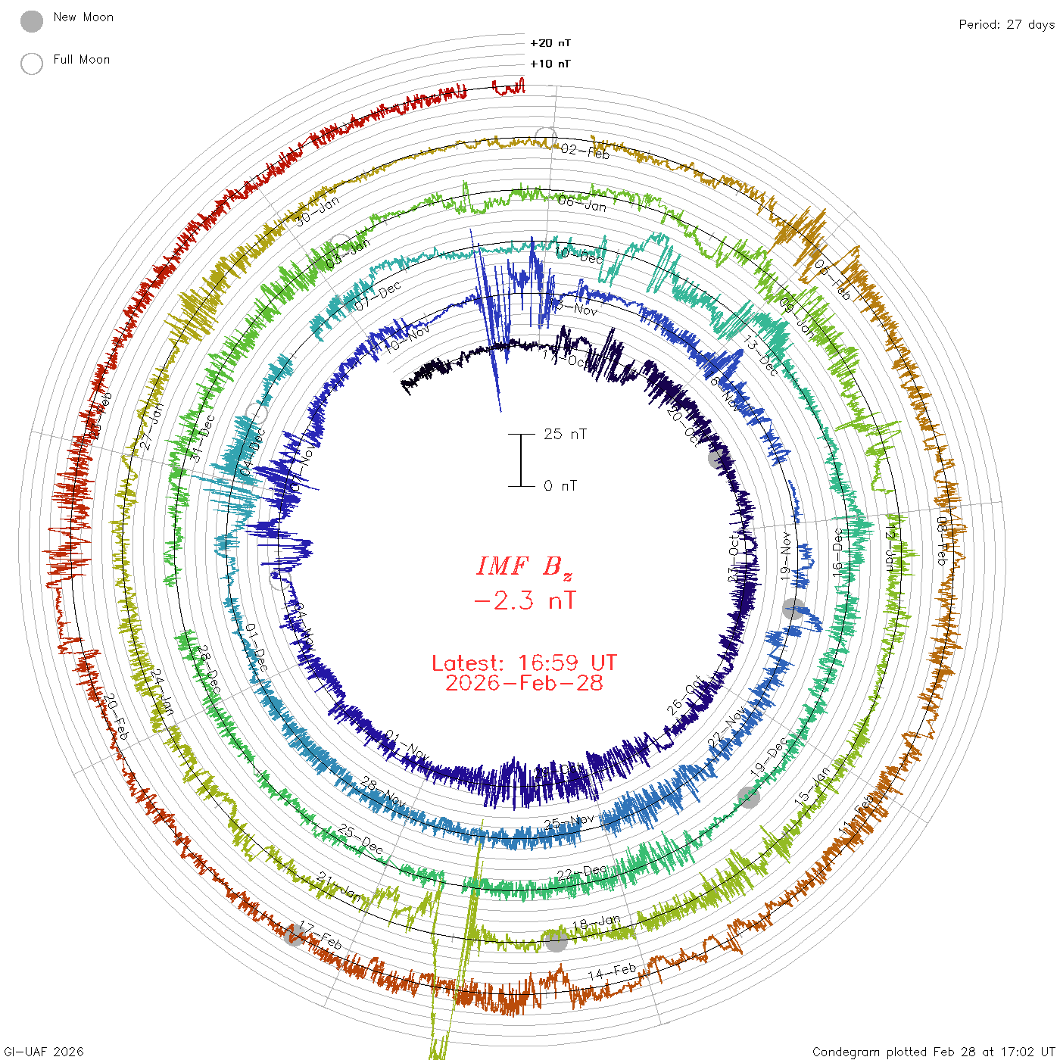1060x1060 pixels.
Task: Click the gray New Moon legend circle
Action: pos(32,21)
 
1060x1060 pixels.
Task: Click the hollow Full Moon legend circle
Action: pos(32,64)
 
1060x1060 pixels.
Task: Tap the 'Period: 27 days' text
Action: pos(1006,24)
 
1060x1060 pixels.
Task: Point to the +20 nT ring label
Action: pos(550,43)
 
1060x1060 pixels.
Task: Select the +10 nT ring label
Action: pos(550,64)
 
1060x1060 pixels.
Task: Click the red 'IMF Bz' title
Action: pos(524,566)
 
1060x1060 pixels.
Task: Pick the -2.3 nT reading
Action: pos(524,601)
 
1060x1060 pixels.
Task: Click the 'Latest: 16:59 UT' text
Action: pos(524,663)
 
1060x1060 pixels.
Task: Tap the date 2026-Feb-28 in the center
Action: pos(524,683)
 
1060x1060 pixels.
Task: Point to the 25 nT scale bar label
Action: pos(565,434)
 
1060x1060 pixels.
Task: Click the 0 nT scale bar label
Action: pos(560,485)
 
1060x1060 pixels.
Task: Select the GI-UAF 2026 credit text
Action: pos(44,1052)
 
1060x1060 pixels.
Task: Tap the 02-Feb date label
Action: pos(585,151)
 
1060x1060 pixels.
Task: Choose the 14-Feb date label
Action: pos(612,971)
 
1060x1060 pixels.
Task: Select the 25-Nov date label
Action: pos(569,821)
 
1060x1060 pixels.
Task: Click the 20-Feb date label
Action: pos(116,716)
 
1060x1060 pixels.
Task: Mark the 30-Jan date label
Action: pos(317,210)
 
